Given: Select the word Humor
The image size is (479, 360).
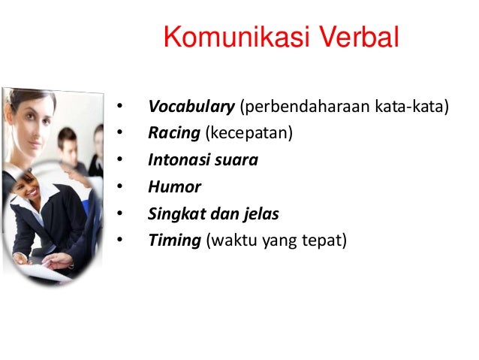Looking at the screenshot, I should click(x=175, y=187).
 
